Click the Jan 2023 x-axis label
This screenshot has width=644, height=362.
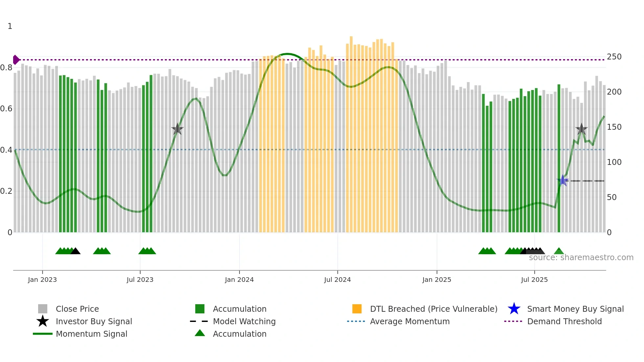(x=42, y=280)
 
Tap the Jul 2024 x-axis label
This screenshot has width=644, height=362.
(x=337, y=280)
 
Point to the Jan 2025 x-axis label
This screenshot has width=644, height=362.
(x=437, y=280)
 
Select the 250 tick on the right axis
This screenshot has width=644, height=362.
(x=614, y=57)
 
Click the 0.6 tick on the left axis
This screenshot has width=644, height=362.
(x=6, y=109)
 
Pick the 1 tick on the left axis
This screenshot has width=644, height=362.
(x=10, y=26)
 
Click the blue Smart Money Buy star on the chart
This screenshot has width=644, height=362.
(x=563, y=180)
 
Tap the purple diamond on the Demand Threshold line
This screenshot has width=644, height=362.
(x=16, y=60)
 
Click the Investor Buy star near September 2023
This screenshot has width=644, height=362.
(x=177, y=129)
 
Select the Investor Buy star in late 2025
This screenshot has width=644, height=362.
(x=582, y=129)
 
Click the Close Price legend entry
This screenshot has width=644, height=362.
(x=77, y=309)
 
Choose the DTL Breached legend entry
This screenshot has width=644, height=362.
(x=433, y=309)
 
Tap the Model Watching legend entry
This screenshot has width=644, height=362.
(x=244, y=321)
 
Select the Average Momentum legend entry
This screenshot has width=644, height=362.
(x=410, y=321)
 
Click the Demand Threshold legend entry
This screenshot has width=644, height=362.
(x=564, y=321)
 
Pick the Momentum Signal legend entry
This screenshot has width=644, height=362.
(x=91, y=334)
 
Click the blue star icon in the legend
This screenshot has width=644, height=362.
(x=514, y=309)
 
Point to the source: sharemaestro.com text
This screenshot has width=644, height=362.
(x=581, y=258)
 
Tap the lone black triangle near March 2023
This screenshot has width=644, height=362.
(x=76, y=251)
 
